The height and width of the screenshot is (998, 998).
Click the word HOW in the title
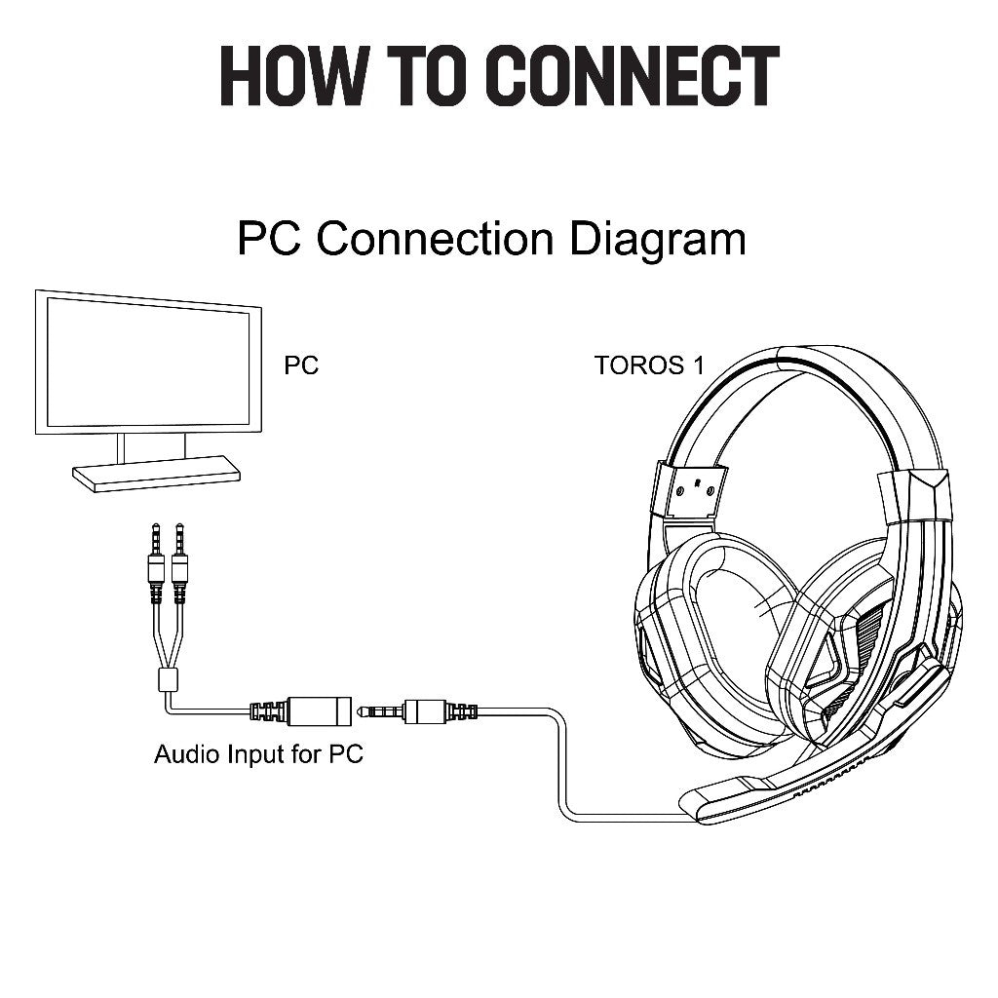294,76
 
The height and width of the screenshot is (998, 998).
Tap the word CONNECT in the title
634,76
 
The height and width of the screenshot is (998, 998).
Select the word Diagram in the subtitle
657,240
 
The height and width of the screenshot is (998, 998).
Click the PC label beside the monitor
301,365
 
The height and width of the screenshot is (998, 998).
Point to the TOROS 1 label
649,365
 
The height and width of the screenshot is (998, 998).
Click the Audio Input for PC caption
258,754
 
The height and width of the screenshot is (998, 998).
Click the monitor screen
148,363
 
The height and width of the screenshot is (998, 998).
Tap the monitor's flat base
156,473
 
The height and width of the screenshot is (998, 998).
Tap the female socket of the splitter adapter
319,710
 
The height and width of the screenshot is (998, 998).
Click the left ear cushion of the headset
712,636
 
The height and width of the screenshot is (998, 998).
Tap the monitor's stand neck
151,446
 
